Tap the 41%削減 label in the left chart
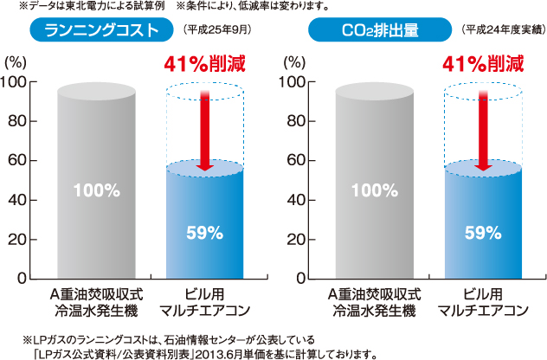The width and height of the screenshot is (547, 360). pyautogui.click(x=204, y=63)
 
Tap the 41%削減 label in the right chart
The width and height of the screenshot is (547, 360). pyautogui.click(x=483, y=63)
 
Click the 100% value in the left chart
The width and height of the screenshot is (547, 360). pyautogui.click(x=99, y=190)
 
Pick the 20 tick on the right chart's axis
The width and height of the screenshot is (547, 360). pyautogui.click(x=302, y=240)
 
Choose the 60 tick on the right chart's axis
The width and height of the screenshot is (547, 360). pyautogui.click(x=302, y=161)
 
